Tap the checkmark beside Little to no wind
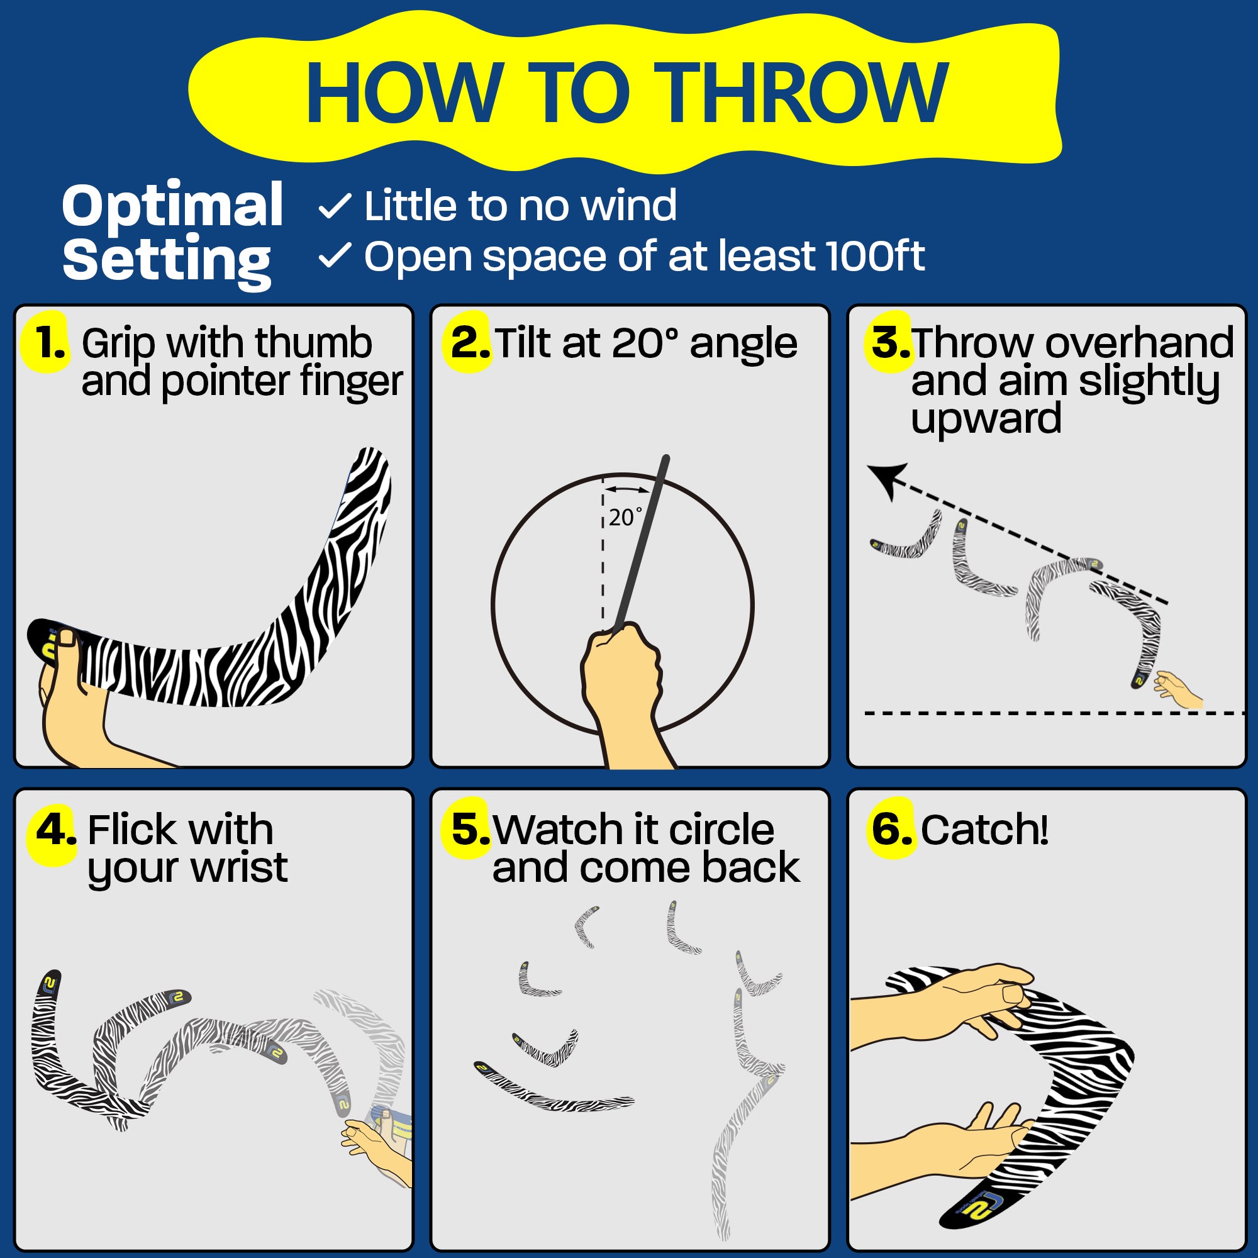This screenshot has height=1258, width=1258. tap(335, 206)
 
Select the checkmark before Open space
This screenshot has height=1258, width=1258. tap(335, 256)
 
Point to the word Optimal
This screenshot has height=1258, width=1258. tap(172, 206)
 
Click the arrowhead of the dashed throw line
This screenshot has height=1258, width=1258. tap(887, 481)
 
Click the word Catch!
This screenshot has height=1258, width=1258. tap(984, 830)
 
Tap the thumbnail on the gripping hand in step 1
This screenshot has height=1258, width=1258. tap(67, 639)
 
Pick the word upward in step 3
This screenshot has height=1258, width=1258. tap(986, 418)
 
